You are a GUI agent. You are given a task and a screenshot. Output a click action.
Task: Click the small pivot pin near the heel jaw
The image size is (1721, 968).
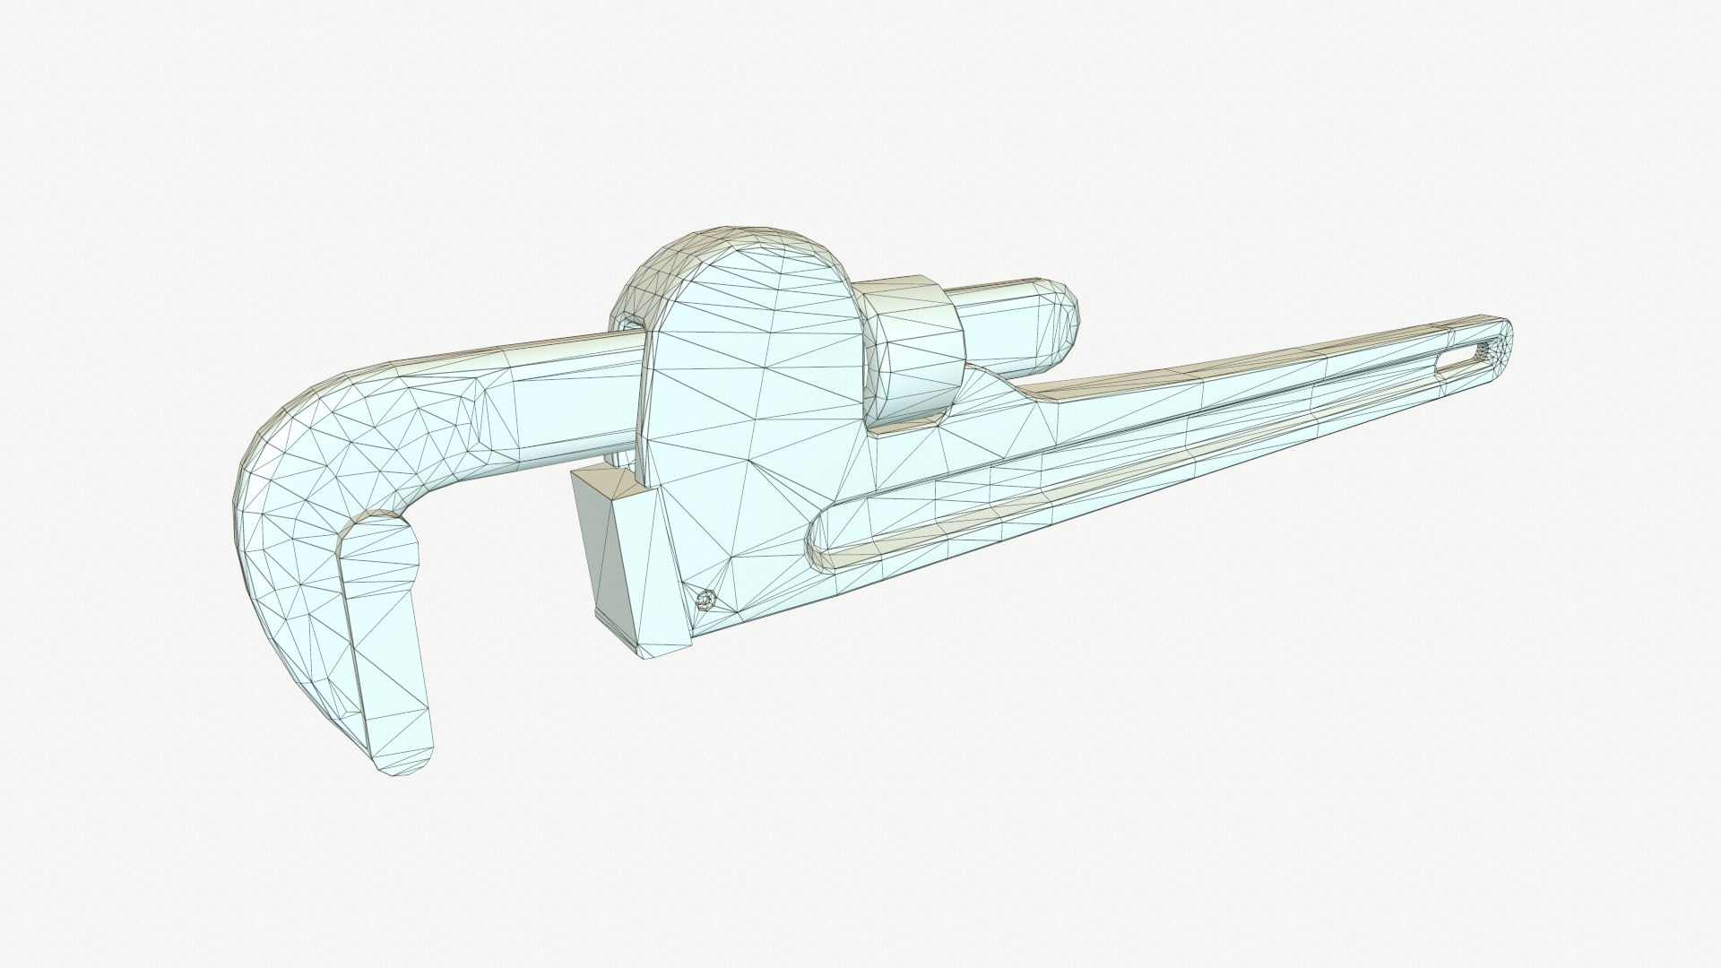click(707, 600)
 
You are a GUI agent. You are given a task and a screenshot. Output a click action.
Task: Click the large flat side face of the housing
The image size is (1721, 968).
click(753, 421)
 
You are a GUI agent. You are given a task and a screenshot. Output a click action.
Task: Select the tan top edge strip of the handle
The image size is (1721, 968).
click(1255, 359)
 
